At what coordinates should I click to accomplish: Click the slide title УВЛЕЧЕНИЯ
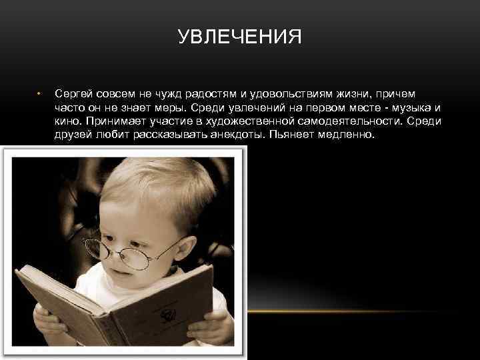[x=240, y=36]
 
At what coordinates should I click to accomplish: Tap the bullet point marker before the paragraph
[x=39, y=93]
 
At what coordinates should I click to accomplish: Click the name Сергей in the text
[x=74, y=93]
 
